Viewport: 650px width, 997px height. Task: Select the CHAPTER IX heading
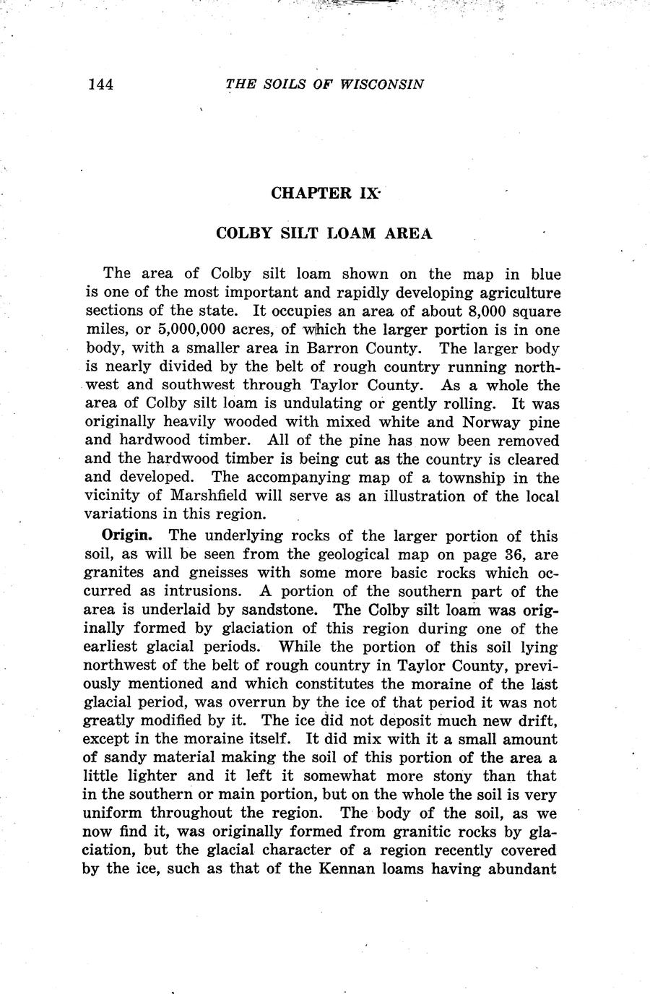point(324,194)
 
